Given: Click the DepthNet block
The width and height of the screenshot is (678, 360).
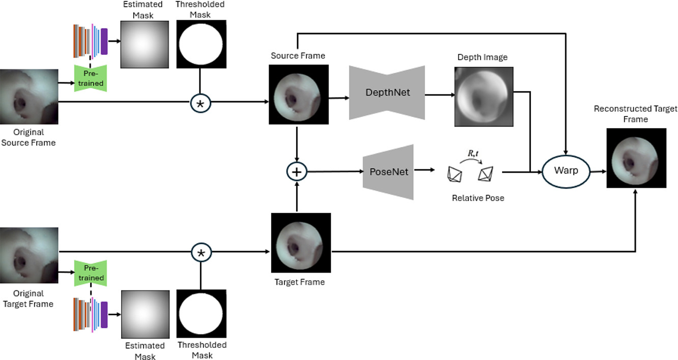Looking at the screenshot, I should (387, 93).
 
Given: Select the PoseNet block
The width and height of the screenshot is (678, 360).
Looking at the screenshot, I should (388, 172).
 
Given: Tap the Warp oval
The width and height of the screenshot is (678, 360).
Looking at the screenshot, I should (566, 171).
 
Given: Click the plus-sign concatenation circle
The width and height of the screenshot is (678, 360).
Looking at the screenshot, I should (298, 172).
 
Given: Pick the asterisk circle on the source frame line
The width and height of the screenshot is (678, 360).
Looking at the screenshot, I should (200, 103).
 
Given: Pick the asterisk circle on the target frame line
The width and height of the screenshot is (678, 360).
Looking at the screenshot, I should (200, 252).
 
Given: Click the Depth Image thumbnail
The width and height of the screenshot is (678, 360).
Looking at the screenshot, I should (484, 97).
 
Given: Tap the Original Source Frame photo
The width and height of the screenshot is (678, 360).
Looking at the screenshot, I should (29, 97).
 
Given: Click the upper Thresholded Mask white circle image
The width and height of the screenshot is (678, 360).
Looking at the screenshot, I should (201, 44).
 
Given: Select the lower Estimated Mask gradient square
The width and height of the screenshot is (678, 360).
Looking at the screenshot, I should (144, 313).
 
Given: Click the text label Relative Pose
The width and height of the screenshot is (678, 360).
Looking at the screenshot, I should (478, 198).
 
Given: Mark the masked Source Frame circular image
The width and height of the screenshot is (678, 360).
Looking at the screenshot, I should (299, 95).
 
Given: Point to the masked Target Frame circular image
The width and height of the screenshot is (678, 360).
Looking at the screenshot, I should (301, 243).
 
